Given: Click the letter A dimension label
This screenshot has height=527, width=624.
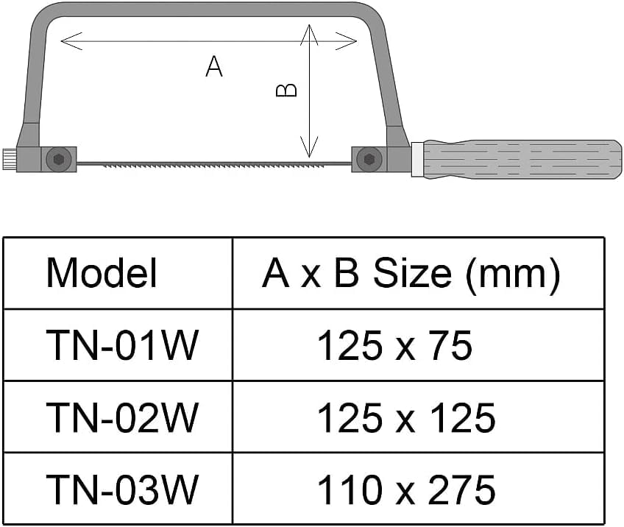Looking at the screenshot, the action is pyautogui.click(x=214, y=66).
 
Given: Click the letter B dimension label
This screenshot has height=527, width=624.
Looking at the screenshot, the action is pyautogui.click(x=286, y=90).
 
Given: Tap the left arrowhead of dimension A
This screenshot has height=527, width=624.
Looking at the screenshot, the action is pyautogui.click(x=71, y=41).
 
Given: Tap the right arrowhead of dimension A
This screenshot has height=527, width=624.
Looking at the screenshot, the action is pyautogui.click(x=346, y=41).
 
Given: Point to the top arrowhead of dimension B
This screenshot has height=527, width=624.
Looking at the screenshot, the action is pyautogui.click(x=309, y=35).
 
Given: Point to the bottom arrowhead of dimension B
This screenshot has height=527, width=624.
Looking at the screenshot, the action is pyautogui.click(x=309, y=147).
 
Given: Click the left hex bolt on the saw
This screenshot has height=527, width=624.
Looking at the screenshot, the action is pyautogui.click(x=59, y=160).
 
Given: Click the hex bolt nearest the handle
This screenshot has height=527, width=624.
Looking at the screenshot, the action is pyautogui.click(x=369, y=159).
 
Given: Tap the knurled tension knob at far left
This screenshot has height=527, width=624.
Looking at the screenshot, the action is pyautogui.click(x=10, y=159).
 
